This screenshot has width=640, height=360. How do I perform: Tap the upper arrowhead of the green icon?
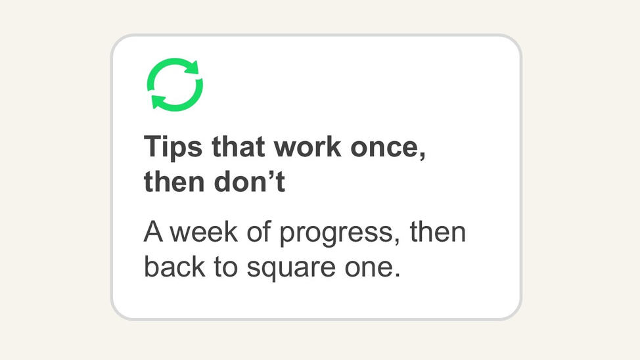pos(193,68)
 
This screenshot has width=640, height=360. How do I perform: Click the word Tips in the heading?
pos(173,148)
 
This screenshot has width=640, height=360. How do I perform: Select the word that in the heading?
pos(238,146)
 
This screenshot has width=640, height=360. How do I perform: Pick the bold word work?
pos(308,146)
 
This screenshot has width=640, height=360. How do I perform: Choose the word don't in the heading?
pos(250,181)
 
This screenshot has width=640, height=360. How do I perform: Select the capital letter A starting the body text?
pos(153,232)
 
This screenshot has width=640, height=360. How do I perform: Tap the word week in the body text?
pos(204,232)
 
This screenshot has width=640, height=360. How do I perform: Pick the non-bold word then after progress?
pos(438,232)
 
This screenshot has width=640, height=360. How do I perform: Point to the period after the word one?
pos(396,275)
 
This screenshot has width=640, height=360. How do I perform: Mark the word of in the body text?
pos(259,232)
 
